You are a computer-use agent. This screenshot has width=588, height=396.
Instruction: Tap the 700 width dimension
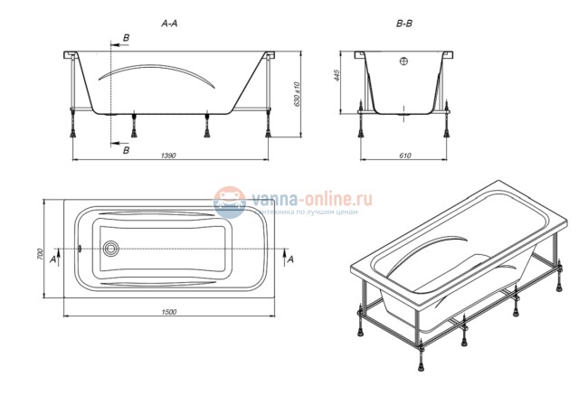tap(41, 256)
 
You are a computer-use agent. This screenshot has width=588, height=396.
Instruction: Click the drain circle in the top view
tap(112, 250)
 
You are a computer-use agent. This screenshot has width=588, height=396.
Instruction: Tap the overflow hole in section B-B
tap(403, 62)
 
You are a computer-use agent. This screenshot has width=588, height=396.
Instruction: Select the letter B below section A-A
tap(126, 150)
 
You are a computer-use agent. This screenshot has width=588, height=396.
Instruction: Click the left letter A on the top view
tap(52, 259)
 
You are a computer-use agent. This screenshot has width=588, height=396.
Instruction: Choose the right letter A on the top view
tap(289, 259)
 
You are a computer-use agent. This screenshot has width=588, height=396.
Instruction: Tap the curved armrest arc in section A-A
tap(157, 71)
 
